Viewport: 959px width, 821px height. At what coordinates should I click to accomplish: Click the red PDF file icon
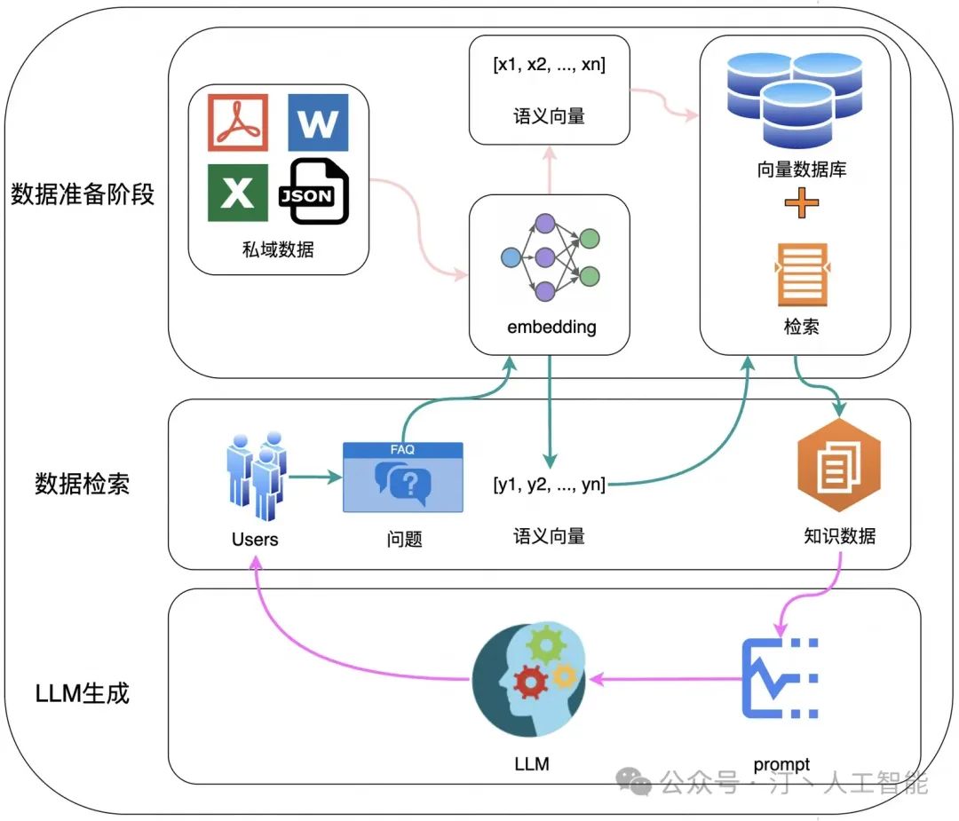pyautogui.click(x=238, y=122)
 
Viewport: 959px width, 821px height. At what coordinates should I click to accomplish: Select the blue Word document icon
pyautogui.click(x=318, y=122)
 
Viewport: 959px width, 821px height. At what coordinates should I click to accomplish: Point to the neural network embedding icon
pyautogui.click(x=551, y=257)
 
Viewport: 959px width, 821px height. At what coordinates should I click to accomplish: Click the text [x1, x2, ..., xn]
pyautogui.click(x=550, y=66)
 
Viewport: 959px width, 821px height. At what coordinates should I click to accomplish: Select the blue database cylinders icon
pyautogui.click(x=796, y=97)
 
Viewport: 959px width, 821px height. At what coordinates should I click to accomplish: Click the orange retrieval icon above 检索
pyautogui.click(x=802, y=274)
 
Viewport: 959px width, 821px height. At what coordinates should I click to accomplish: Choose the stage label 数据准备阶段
pyautogui.click(x=83, y=193)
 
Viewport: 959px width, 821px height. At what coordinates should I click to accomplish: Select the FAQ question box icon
pyautogui.click(x=403, y=478)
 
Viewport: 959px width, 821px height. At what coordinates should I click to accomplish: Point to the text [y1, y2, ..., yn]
pyautogui.click(x=550, y=485)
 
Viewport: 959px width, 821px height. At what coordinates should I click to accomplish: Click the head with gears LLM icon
pyautogui.click(x=531, y=680)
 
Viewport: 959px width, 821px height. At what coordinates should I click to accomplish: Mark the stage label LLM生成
pyautogui.click(x=83, y=692)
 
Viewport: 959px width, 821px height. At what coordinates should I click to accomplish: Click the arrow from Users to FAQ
pyautogui.click(x=315, y=478)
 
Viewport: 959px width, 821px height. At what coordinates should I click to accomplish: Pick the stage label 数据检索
pyautogui.click(x=83, y=484)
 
